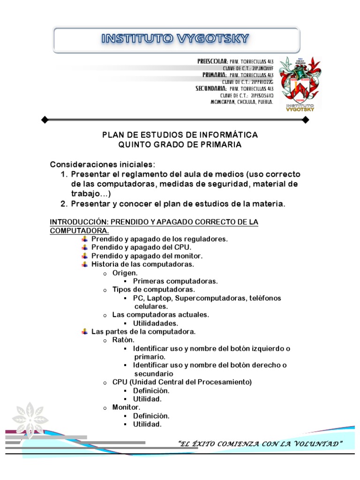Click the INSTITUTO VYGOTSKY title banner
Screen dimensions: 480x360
[176, 39]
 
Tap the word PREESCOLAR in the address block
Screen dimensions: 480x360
[212, 61]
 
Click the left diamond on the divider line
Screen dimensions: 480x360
[45, 120]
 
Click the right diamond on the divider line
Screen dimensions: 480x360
[306, 120]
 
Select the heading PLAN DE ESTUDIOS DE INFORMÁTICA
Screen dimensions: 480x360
[180, 135]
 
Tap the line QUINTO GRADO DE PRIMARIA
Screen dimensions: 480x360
[180, 145]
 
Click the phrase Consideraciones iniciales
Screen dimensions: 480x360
[102, 165]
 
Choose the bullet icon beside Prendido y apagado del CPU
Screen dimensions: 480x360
[84, 247]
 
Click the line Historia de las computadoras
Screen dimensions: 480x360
[142, 264]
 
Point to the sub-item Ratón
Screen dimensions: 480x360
[123, 340]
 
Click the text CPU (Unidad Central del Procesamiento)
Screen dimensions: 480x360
[182, 382]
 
